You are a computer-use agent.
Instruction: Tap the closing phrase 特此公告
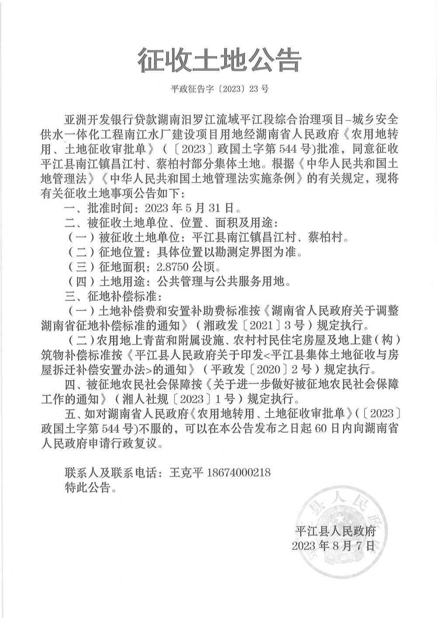coord(87,488)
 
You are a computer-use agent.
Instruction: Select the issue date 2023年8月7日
coord(333,546)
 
